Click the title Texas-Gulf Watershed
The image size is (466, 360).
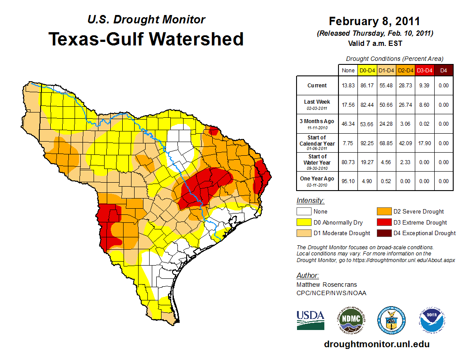click(146, 39)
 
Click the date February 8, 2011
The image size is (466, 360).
click(374, 21)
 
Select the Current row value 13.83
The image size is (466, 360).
click(348, 86)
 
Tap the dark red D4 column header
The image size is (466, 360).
click(443, 70)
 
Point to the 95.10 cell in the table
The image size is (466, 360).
click(348, 181)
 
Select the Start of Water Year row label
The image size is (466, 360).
click(317, 160)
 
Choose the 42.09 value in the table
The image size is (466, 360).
click(406, 143)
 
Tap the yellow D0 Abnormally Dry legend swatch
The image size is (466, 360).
click(304, 222)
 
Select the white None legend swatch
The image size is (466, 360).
click(304, 212)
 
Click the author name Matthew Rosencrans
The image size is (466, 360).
click(327, 285)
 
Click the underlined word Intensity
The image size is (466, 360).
click(310, 201)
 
